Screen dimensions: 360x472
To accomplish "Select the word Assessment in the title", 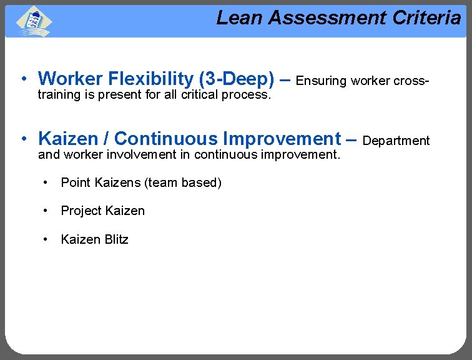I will (327, 18).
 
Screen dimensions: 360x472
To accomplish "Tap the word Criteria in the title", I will (426, 18).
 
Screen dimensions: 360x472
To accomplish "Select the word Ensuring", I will (321, 81).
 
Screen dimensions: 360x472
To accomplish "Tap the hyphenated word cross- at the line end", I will (409, 81).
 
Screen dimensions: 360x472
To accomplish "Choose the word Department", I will (396, 141).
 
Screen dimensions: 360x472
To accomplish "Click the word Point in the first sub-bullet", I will (76, 182).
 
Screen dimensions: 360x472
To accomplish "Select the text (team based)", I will (183, 182).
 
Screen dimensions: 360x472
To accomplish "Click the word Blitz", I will (114, 239).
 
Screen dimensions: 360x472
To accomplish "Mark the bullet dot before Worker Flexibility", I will (22, 79).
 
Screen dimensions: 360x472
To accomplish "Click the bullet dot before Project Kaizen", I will (46, 211).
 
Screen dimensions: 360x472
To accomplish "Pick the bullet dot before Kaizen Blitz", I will (46, 239).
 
